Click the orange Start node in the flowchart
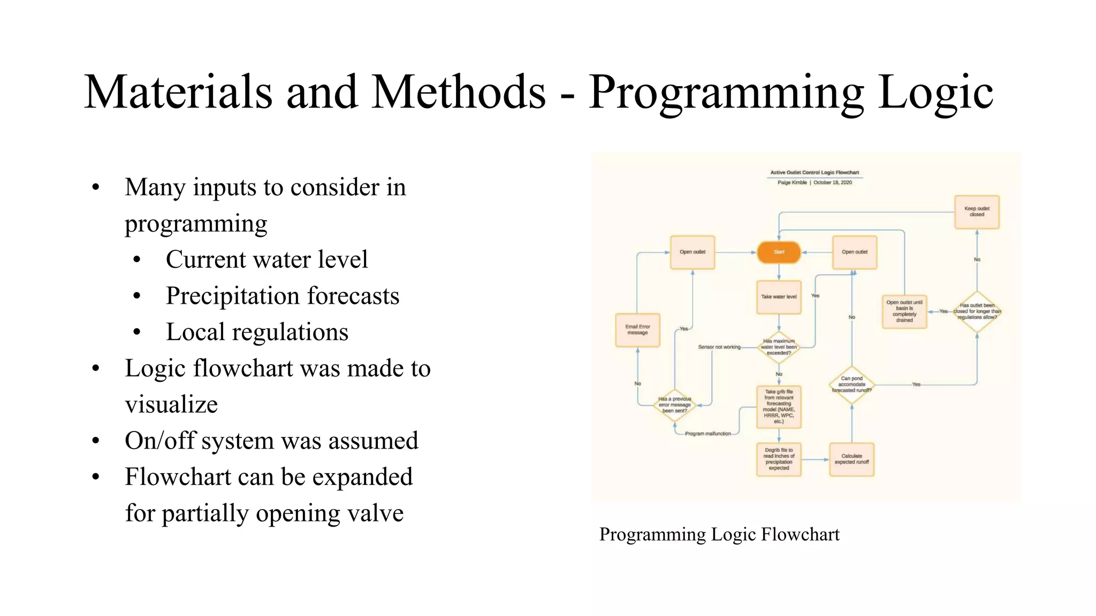tap(779, 252)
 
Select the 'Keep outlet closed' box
tap(977, 212)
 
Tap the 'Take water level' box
tap(779, 297)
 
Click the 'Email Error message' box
tap(637, 330)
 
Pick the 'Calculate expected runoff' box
tap(851, 459)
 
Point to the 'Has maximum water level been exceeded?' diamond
tap(779, 347)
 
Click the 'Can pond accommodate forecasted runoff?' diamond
tap(851, 384)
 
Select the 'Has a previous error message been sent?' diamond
tap(674, 405)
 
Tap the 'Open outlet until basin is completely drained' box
tap(904, 311)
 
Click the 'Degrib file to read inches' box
tap(779, 459)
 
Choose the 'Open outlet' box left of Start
tap(692, 252)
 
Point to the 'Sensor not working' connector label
tap(719, 347)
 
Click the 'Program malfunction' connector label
tap(707, 434)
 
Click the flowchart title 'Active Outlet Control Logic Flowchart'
tap(814, 173)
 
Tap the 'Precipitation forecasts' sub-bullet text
tap(282, 296)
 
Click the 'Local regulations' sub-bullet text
tap(257, 332)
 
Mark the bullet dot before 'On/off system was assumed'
tap(96, 441)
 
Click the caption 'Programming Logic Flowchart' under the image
tap(719, 534)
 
